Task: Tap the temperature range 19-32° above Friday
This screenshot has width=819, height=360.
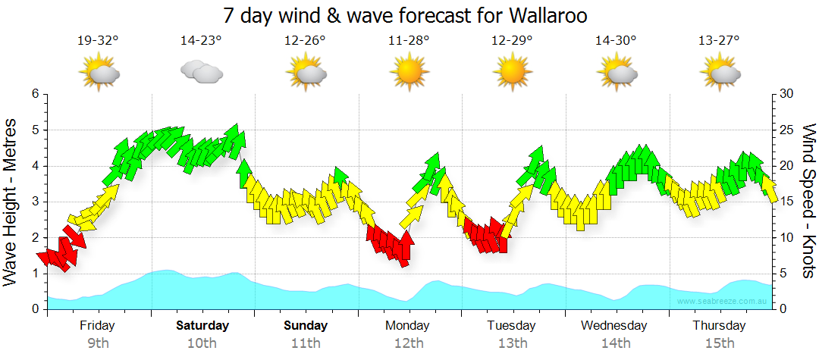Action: coord(98,41)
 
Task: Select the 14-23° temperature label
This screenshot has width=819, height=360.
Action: coord(201,41)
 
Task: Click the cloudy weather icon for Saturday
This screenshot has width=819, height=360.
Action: coord(201,72)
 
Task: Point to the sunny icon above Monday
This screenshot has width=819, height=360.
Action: coord(409,73)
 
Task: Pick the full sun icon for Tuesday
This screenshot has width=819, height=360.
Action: coord(512,73)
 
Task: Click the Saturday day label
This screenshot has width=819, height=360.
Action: coord(202,326)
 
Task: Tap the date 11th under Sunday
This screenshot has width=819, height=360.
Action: coord(306,343)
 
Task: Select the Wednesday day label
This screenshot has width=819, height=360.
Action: coord(614,326)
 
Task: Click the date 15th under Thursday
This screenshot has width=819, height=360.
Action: coord(719,343)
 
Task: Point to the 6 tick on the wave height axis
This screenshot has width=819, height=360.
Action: coord(34,94)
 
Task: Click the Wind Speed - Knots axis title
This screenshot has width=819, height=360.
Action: coord(808,202)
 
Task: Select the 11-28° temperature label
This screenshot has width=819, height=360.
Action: coord(409,41)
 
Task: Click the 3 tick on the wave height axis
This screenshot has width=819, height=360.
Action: coord(34,202)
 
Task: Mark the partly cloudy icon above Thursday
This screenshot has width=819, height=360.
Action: coord(719,73)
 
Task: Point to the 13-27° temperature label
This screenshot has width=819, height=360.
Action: coord(719,41)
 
